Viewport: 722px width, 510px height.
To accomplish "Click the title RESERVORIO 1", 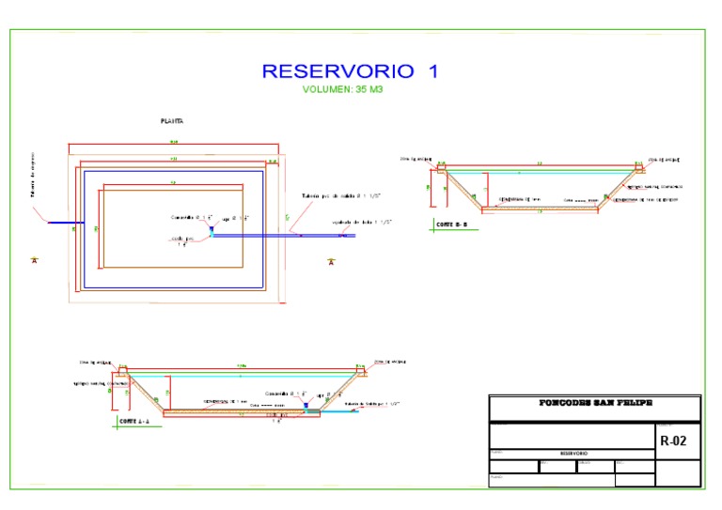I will (349, 71).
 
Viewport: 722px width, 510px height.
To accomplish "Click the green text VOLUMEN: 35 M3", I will (343, 90).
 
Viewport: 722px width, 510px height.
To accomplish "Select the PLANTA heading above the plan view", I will (171, 121).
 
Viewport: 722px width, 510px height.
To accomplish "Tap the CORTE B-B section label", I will (451, 224).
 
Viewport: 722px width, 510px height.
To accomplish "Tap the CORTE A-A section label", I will (134, 422).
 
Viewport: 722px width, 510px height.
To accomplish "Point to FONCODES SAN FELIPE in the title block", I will (595, 403).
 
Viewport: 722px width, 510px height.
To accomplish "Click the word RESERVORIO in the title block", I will (573, 453).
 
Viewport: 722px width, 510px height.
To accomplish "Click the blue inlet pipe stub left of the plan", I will (66, 223).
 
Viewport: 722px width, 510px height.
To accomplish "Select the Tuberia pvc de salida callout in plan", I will (338, 196).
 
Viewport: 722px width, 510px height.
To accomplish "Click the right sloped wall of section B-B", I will (620, 189).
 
